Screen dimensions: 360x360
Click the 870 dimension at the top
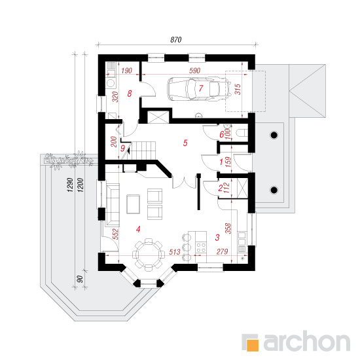(x=176, y=40)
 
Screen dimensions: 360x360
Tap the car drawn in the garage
(x=199, y=88)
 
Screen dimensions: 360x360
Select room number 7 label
(x=201, y=88)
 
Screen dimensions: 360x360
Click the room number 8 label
(x=130, y=94)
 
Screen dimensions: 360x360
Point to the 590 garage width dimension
(x=194, y=71)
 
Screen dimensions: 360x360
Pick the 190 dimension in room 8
(x=127, y=71)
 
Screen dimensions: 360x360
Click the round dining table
(x=149, y=254)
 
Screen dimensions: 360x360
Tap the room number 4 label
(x=138, y=229)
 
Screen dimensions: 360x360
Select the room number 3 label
(x=217, y=238)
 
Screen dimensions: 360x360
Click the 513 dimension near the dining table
(x=175, y=252)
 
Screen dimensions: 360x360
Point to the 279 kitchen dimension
(x=222, y=251)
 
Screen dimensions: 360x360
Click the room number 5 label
(x=185, y=143)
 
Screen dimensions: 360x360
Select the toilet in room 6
(x=242, y=133)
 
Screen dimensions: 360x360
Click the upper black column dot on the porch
(x=274, y=135)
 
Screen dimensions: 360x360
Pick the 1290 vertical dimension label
(x=70, y=185)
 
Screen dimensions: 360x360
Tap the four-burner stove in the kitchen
(x=201, y=247)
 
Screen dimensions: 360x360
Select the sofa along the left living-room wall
(x=113, y=204)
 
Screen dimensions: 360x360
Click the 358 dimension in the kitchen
(x=228, y=228)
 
